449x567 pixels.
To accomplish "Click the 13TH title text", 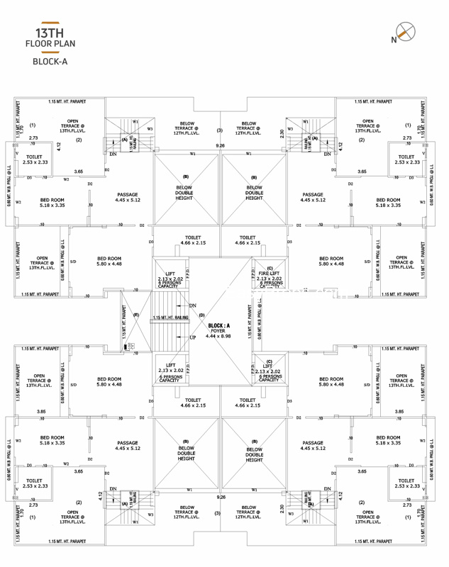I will [x=49, y=33].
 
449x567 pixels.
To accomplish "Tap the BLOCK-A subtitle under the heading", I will [x=50, y=62].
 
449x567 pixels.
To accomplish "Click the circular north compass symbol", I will [x=406, y=30].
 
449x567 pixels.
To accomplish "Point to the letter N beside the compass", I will [x=394, y=40].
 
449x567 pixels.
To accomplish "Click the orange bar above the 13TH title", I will [x=50, y=23].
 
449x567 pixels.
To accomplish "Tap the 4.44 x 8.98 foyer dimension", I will [x=218, y=336].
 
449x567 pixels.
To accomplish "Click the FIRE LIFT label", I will [x=269, y=274].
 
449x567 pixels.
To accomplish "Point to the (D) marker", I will [x=202, y=314].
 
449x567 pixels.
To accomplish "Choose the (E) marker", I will [x=136, y=314].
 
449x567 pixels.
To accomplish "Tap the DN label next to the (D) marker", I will [x=192, y=305].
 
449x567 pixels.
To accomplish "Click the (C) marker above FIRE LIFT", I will [x=270, y=268].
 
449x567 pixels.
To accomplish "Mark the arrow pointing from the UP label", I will [x=182, y=337].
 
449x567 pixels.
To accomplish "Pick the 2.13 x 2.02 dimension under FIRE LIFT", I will [x=269, y=279].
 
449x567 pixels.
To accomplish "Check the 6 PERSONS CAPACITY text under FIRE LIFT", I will [x=269, y=286].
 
